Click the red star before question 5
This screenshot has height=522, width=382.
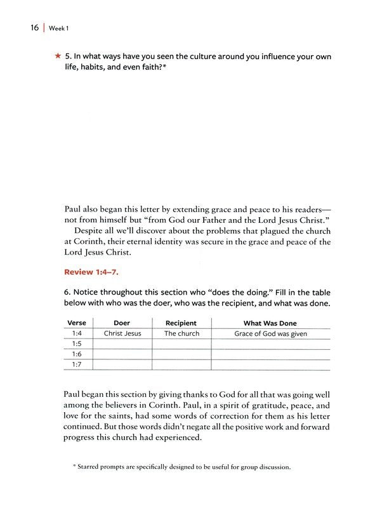[x=58, y=57]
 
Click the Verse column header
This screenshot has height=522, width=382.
[x=76, y=323]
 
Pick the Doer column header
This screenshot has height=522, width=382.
[x=121, y=323]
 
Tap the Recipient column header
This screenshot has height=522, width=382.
[x=181, y=323]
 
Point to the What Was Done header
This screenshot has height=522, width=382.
[x=270, y=323]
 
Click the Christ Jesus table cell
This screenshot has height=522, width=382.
[x=122, y=333]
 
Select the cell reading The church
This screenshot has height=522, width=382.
[x=181, y=333]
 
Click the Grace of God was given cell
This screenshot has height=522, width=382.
[x=270, y=333]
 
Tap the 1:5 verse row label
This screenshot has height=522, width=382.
[x=77, y=344]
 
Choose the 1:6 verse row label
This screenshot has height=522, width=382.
[x=77, y=354]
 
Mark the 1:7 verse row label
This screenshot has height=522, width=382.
[x=77, y=364]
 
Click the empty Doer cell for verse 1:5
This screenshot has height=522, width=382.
[x=122, y=344]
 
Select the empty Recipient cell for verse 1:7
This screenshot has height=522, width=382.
[x=181, y=364]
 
